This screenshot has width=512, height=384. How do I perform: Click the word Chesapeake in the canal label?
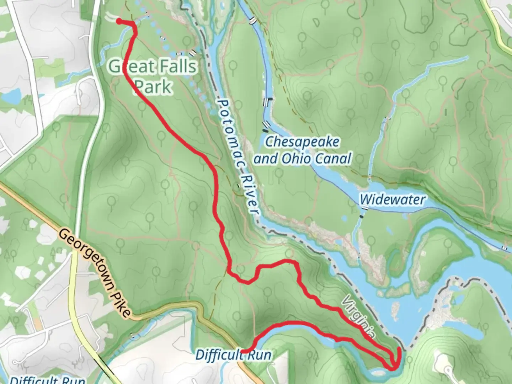click(302, 142)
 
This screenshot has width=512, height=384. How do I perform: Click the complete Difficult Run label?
click(233, 355)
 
